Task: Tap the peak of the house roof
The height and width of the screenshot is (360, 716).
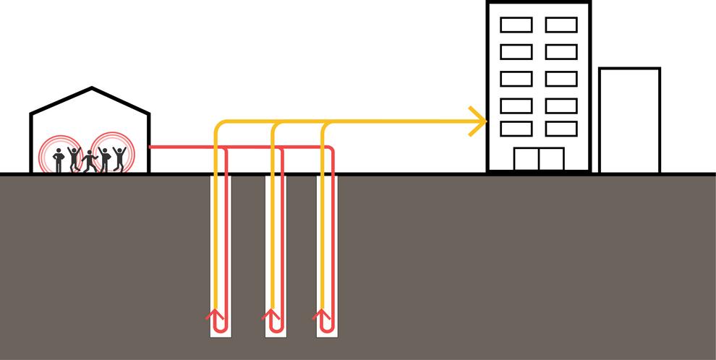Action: point(91,89)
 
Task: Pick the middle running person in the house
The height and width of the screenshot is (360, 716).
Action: point(89,161)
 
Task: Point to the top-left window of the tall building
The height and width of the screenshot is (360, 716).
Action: point(516,25)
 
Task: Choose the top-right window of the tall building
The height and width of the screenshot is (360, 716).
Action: point(561,25)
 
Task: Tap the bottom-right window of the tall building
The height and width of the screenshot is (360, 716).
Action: point(561,129)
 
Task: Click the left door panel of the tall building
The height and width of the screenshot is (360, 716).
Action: point(526,159)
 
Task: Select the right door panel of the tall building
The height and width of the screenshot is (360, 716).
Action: point(551,159)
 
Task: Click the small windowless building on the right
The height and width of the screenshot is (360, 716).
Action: point(629,121)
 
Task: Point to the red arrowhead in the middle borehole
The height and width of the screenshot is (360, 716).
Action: point(271,314)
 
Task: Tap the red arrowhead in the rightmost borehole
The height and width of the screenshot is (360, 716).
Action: point(322,314)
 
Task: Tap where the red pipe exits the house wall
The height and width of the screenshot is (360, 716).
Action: point(150,147)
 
